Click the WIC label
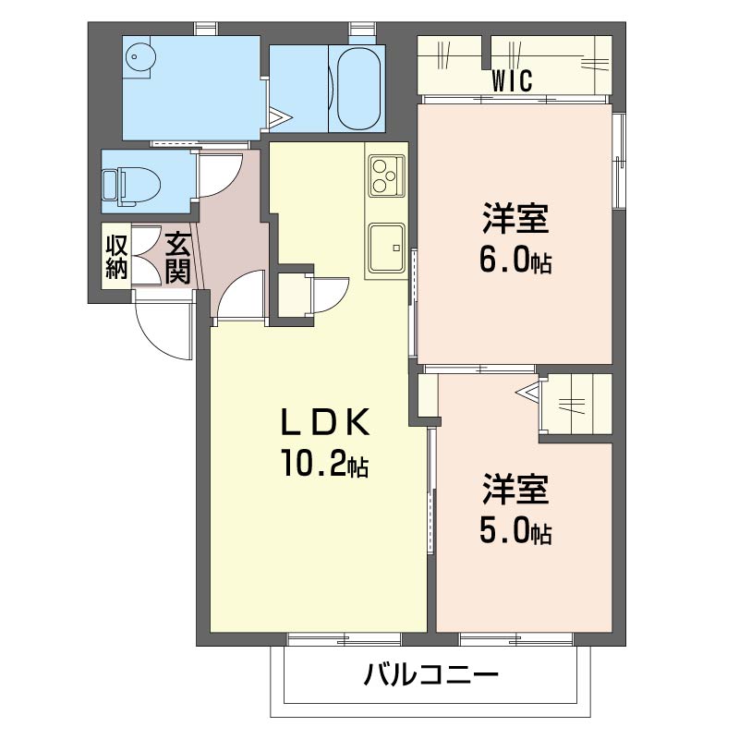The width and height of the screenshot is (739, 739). [513, 80]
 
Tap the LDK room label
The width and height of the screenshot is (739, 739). [325, 422]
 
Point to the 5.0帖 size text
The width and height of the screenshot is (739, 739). [515, 529]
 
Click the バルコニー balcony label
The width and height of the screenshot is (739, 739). [430, 674]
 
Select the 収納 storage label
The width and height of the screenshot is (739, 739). [116, 257]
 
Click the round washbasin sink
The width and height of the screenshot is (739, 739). [140, 57]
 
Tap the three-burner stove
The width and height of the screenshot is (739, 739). [386, 176]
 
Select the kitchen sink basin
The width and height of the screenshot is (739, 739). [386, 248]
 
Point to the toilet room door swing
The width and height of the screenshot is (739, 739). [221, 175]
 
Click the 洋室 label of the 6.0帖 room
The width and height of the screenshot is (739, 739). [515, 218]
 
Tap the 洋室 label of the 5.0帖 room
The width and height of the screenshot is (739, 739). [515, 490]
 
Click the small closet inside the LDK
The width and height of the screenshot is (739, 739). [292, 295]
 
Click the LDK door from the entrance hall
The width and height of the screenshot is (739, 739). [240, 295]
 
